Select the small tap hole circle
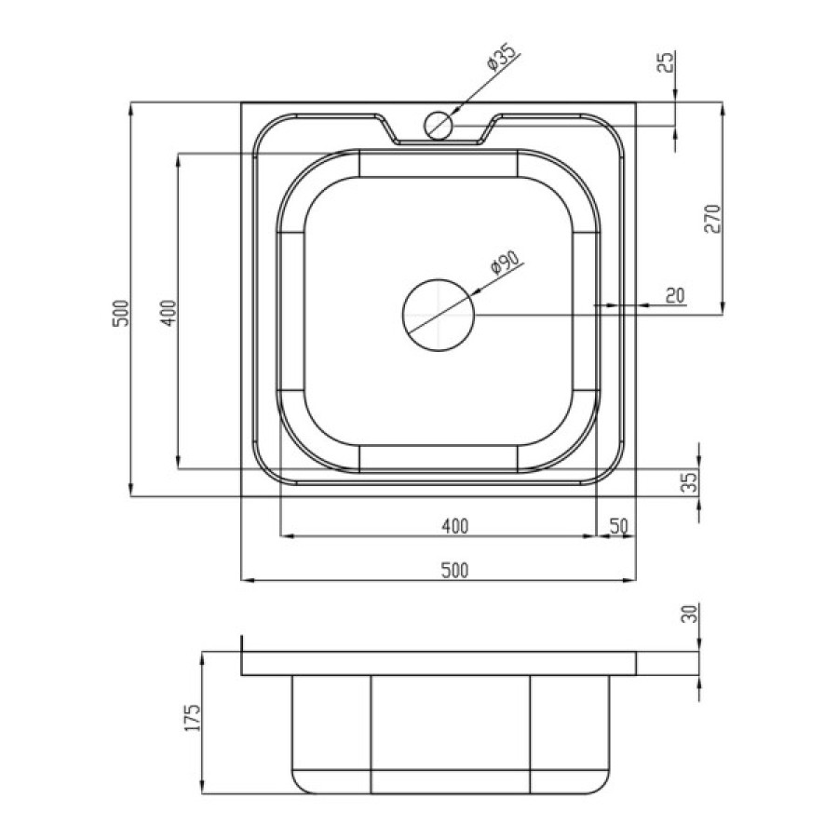(x=439, y=126)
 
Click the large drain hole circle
(x=439, y=315)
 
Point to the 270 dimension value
(x=712, y=219)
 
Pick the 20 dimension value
(x=675, y=295)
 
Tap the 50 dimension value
(x=618, y=526)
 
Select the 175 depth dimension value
(x=193, y=718)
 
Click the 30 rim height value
(x=691, y=614)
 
